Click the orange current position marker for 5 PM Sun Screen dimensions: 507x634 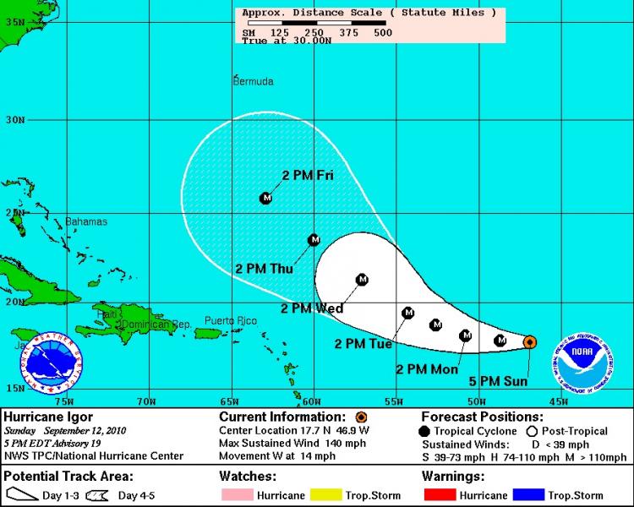529,341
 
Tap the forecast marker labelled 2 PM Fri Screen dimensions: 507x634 266,198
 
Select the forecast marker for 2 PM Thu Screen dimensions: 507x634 314,240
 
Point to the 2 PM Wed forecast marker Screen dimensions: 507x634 362,279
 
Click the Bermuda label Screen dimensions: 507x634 253,81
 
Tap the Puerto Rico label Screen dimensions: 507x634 230,320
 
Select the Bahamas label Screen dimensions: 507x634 86,221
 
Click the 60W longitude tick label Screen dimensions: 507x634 311,401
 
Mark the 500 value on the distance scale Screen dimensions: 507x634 382,32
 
